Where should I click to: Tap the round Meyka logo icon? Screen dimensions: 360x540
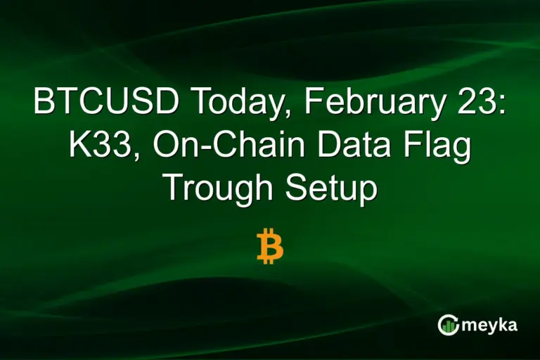tap(448, 324)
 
